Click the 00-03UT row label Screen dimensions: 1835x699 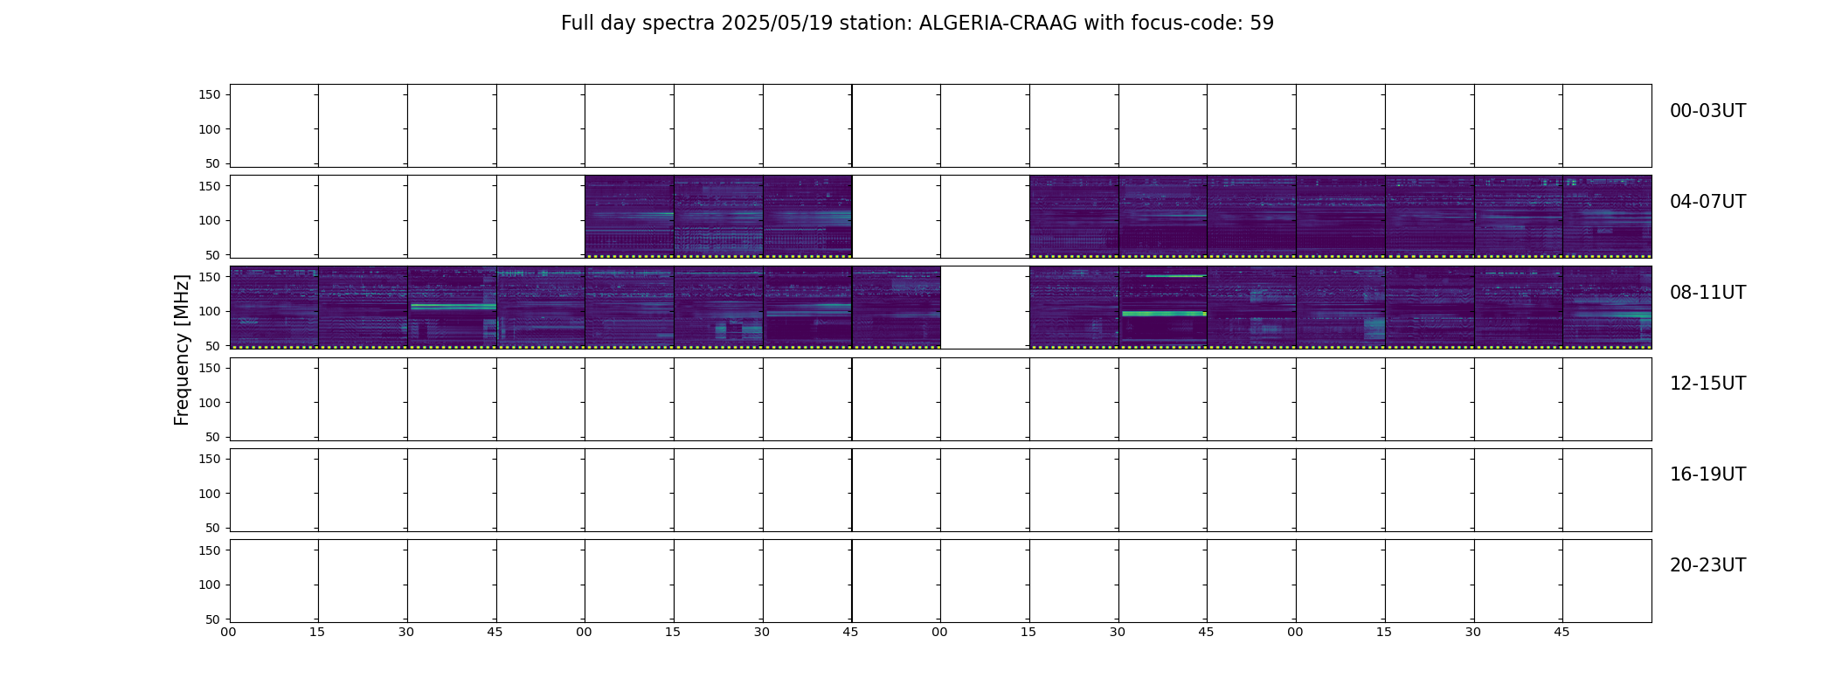[x=1707, y=111]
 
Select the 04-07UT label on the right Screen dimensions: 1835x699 [x=1707, y=202]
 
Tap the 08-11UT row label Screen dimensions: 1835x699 [x=1707, y=293]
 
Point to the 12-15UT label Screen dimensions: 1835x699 [x=1707, y=384]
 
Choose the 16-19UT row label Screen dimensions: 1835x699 [x=1707, y=474]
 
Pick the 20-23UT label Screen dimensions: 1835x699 [x=1707, y=565]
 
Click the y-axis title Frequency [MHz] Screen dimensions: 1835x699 [x=182, y=349]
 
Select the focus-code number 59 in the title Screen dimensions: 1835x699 [x=1262, y=24]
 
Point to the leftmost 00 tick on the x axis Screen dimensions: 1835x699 [x=228, y=632]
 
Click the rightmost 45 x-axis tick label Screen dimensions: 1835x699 [x=1561, y=632]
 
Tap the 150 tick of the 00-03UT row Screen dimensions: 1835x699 [x=210, y=94]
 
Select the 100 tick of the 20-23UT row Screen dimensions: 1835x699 [x=210, y=585]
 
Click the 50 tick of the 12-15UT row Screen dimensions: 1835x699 [x=213, y=437]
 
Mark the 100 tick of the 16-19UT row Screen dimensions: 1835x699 [x=210, y=494]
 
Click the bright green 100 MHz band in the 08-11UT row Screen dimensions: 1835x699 [x=1163, y=313]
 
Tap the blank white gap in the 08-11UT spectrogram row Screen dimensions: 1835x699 [x=985, y=308]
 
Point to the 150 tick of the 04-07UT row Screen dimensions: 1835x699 [x=210, y=186]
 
